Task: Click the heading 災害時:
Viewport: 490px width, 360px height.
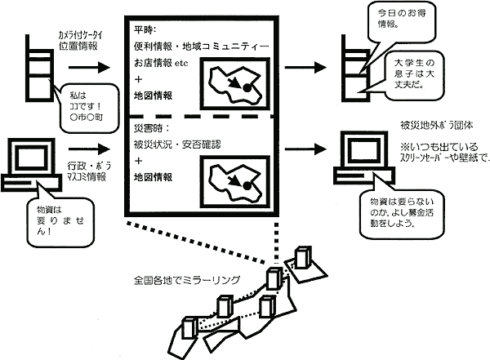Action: (x=146, y=129)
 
